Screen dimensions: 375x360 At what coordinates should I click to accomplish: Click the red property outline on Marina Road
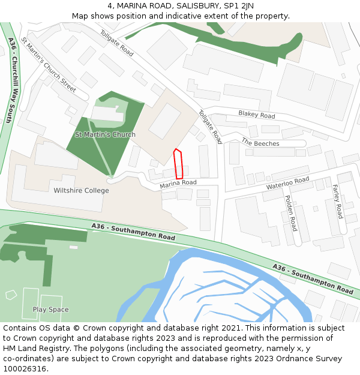[x=178, y=163]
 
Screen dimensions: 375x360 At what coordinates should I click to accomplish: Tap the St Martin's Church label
[x=105, y=134]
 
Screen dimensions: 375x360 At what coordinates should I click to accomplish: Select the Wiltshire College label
[x=82, y=191]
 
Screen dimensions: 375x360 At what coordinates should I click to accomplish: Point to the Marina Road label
[x=178, y=185]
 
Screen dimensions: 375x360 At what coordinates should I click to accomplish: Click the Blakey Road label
[x=256, y=115]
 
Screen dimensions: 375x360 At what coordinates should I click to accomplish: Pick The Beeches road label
[x=260, y=143]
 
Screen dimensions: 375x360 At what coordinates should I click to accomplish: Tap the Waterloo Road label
[x=287, y=184]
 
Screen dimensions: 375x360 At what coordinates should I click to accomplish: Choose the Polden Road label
[x=290, y=213]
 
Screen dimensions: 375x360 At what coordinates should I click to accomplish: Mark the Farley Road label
[x=337, y=201]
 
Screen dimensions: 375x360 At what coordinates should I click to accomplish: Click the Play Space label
[x=50, y=310]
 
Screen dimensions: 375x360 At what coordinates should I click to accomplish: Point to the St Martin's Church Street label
[x=49, y=65]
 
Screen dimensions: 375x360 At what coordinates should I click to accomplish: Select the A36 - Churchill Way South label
[x=10, y=80]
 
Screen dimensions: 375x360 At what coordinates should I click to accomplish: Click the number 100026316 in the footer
[x=25, y=368]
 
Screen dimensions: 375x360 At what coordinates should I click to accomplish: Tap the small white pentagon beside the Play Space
[x=11, y=295]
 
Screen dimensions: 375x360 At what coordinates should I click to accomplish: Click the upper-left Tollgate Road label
[x=116, y=43]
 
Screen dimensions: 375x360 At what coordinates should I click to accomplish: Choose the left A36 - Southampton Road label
[x=133, y=232]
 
